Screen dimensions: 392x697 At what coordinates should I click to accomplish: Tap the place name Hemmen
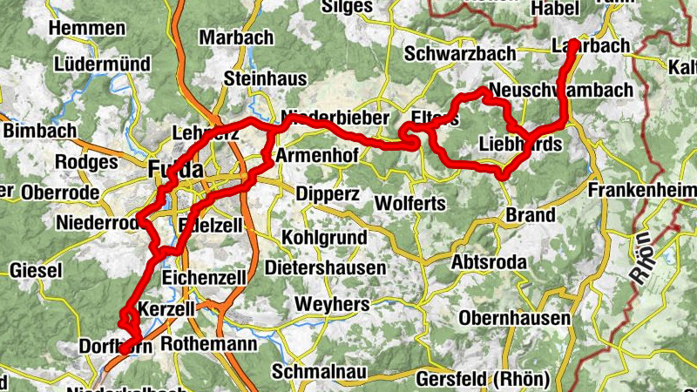click(x=87, y=28)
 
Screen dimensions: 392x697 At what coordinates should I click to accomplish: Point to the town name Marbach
click(x=236, y=37)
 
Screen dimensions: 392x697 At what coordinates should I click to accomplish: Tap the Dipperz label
click(x=328, y=193)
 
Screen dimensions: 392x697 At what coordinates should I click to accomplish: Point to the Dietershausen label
click(x=326, y=268)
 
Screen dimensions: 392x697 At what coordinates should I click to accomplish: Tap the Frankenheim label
click(x=642, y=190)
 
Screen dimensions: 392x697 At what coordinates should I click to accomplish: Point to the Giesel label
click(x=36, y=271)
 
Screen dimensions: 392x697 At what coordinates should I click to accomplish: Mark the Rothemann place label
click(x=208, y=344)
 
